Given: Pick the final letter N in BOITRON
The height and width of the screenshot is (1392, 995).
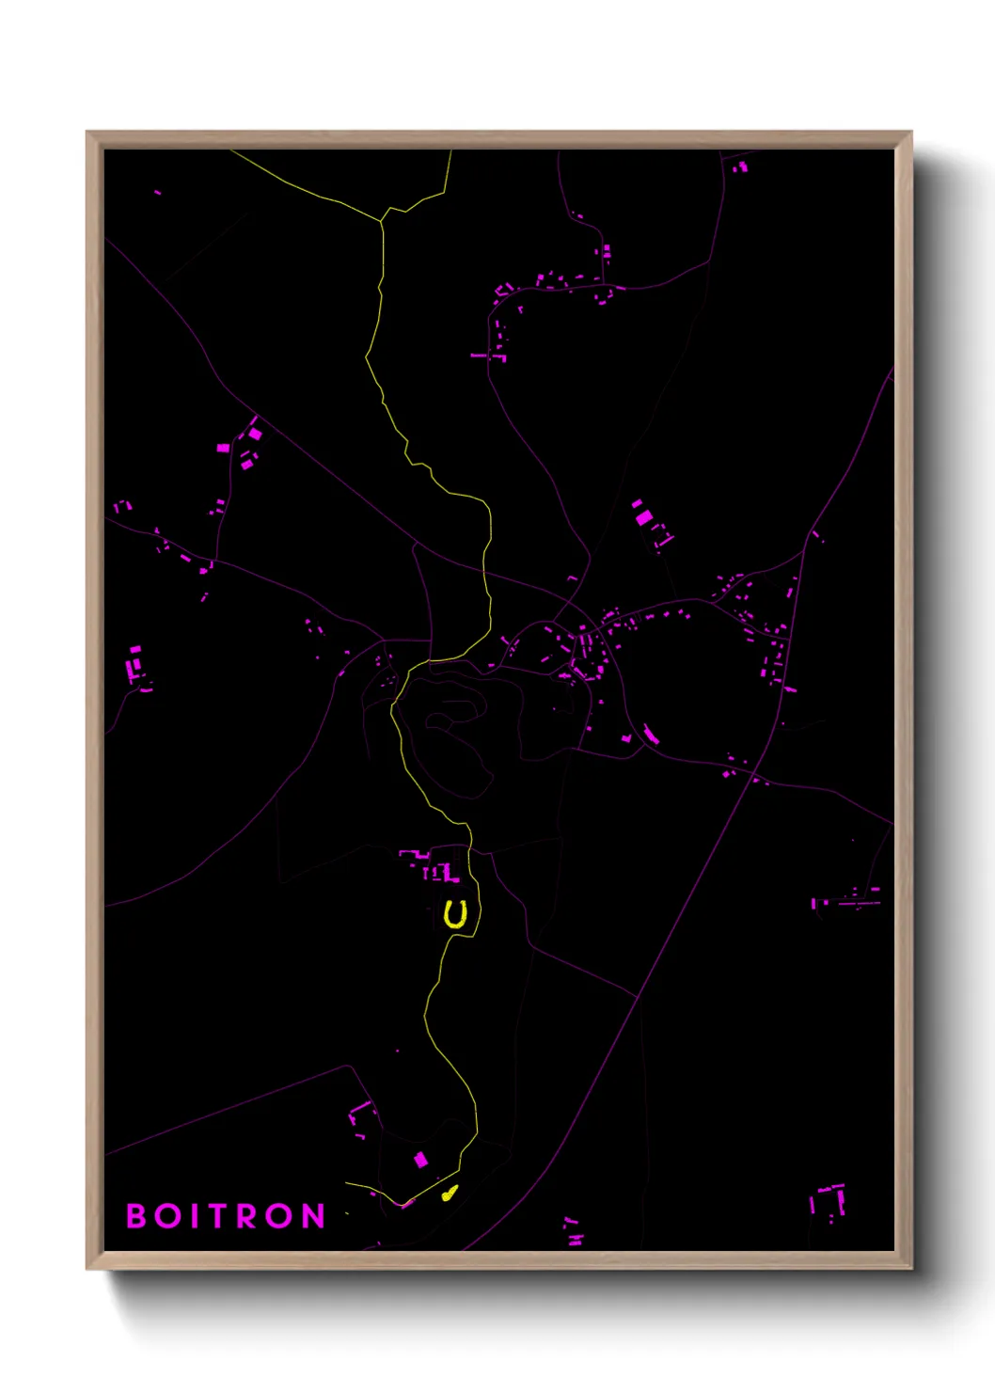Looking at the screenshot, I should pos(314,1215).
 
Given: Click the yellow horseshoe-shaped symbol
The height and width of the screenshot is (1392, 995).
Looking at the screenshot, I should pos(456,914).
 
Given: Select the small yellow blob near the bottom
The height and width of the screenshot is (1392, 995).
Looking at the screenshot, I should pos(450,1193).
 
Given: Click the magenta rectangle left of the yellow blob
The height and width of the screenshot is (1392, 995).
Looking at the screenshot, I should pos(421,1160).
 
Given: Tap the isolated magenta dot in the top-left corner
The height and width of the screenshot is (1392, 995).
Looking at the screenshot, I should pos(157,192).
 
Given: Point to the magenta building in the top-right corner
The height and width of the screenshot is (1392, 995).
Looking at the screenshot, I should pos(741,166).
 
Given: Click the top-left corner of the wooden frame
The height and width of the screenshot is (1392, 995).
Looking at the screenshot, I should pos(88,134).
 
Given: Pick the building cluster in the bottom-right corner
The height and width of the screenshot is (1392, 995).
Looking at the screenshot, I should pos(829,1202).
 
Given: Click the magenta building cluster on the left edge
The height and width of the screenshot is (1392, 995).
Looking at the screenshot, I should pos(136,665).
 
